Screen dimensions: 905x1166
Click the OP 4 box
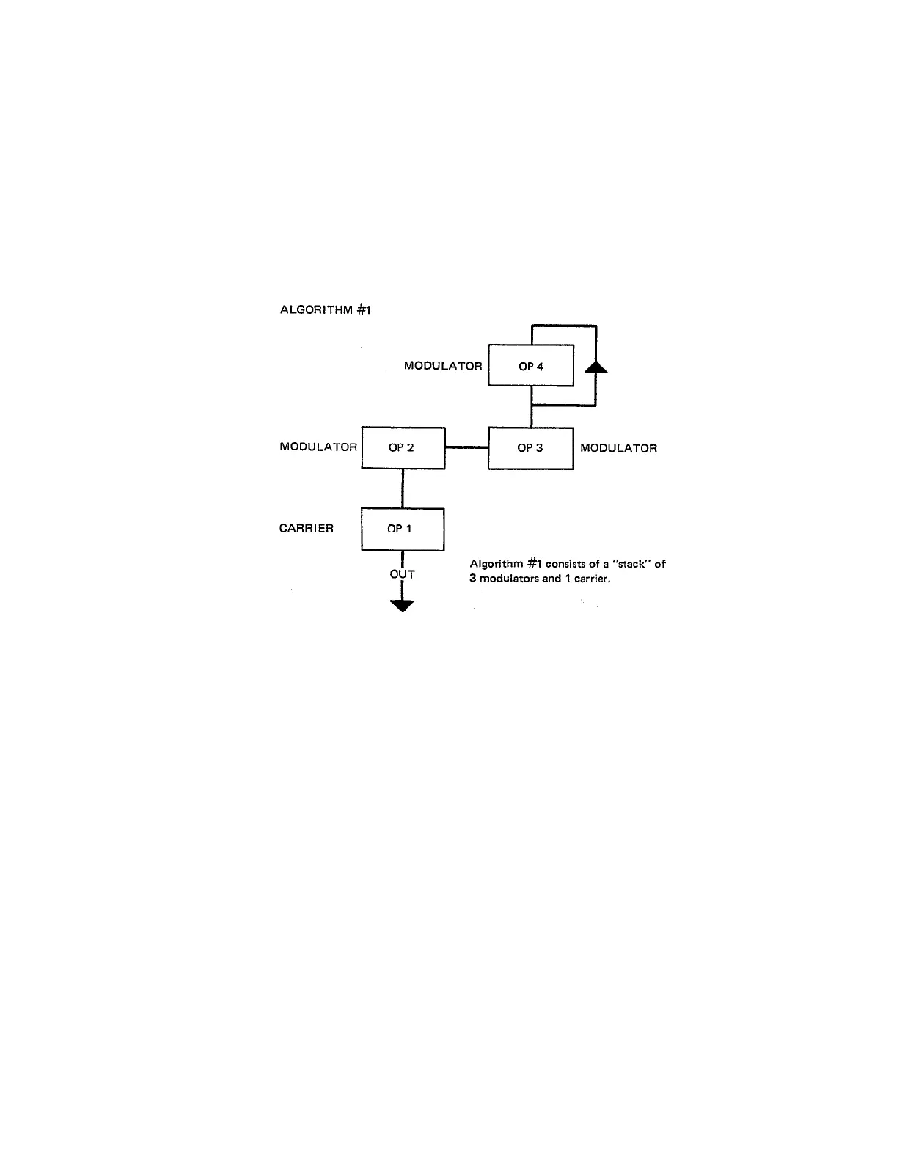tap(530, 365)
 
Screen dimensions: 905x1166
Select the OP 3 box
tap(530, 448)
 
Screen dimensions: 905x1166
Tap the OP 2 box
tap(403, 447)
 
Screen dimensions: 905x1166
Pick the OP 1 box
tap(402, 529)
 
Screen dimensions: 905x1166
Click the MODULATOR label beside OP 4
tap(443, 365)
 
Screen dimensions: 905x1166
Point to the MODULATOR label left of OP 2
tap(318, 447)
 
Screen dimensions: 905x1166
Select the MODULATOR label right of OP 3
tap(618, 448)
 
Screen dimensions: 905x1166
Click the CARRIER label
tap(307, 528)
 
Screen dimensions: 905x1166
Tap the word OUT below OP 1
tap(402, 574)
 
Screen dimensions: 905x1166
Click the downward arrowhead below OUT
tap(403, 605)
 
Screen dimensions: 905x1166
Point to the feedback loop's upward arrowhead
tap(596, 365)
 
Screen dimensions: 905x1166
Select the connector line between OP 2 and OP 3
tap(466, 447)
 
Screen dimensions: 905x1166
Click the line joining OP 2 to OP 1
tap(403, 488)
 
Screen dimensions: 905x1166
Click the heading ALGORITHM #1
tap(326, 309)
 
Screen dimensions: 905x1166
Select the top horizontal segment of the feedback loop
tap(563, 325)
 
